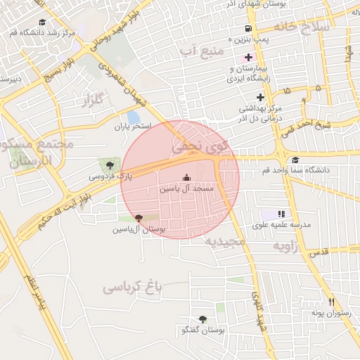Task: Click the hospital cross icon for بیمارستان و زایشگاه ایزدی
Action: tap(247, 57)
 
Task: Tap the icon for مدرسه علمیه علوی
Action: tap(281, 214)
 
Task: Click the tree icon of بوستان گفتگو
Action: tap(203, 319)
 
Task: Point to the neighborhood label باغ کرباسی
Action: tap(133, 286)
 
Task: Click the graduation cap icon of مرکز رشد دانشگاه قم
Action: tap(43, 22)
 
